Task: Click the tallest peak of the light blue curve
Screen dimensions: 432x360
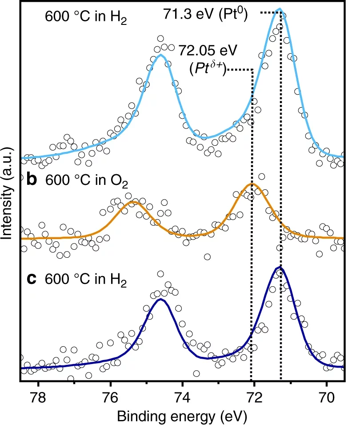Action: pyautogui.click(x=279, y=9)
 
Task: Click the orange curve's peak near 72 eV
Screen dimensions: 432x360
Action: pyautogui.click(x=252, y=184)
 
